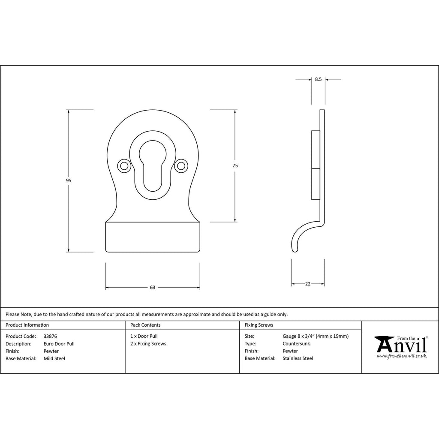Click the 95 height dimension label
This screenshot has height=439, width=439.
pos(69,180)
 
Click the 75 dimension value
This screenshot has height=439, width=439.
pos(235,165)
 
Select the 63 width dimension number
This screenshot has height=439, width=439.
pos(153,287)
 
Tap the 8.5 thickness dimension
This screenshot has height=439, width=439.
pos(319,79)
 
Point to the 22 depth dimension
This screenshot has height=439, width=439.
pos(308,284)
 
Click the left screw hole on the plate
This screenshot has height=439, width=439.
pos(124,166)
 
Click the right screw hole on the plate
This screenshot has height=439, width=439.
pos(181,166)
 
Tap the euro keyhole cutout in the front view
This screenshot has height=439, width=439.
pos(153,166)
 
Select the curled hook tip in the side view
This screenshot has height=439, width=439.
pos(295,250)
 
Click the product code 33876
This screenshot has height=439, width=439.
pos(50,336)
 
